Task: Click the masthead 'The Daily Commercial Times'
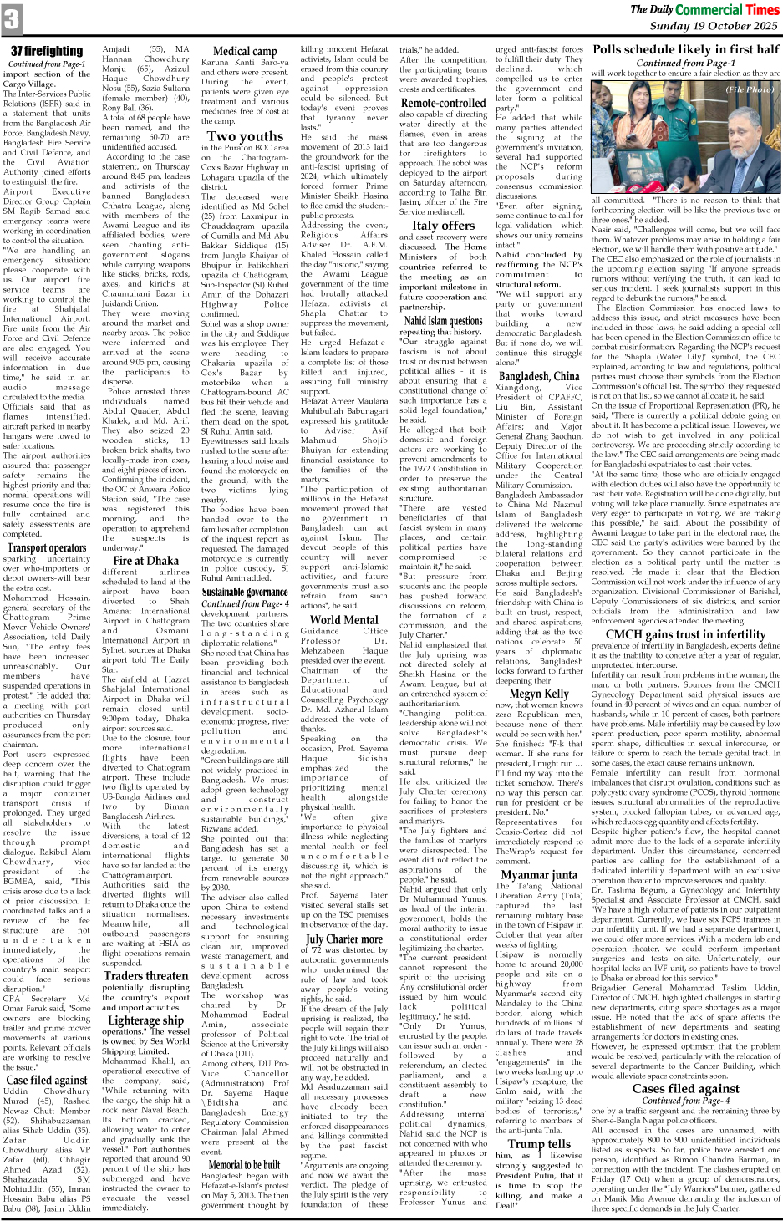pos(704,9)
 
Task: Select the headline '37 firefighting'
pos(47,52)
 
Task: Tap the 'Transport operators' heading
pos(47,548)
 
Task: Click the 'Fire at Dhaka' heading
pos(146,561)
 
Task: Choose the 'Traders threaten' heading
pos(146,975)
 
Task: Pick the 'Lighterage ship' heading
pos(146,1020)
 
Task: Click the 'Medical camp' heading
pos(244,51)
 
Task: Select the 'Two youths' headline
pos(245,136)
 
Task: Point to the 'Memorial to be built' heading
pos(244,1164)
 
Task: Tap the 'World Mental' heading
pos(343,619)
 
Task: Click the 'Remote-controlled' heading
pos(442,103)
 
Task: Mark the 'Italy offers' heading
pos(443,225)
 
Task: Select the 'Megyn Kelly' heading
pos(539,693)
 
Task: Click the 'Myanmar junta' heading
pos(539,875)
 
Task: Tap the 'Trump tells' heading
pos(539,1143)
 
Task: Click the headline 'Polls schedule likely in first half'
pos(685,50)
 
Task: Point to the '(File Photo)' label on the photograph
pos(749,89)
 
